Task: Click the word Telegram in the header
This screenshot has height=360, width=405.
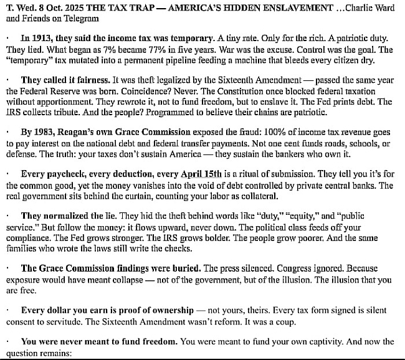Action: pyautogui.click(x=73, y=19)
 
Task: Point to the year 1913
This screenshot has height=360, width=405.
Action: pyautogui.click(x=41, y=37)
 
